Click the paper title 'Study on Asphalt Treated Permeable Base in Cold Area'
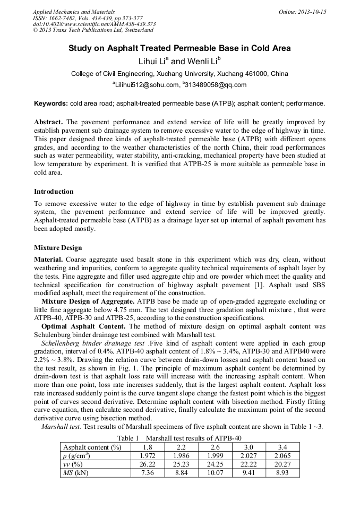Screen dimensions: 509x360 179,48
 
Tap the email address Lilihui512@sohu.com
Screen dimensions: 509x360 145,85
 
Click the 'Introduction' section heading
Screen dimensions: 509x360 54,191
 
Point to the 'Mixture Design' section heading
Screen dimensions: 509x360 58,247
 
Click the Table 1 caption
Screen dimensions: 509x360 179,438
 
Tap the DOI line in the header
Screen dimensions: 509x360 95,24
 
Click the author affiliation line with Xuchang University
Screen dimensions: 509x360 179,74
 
